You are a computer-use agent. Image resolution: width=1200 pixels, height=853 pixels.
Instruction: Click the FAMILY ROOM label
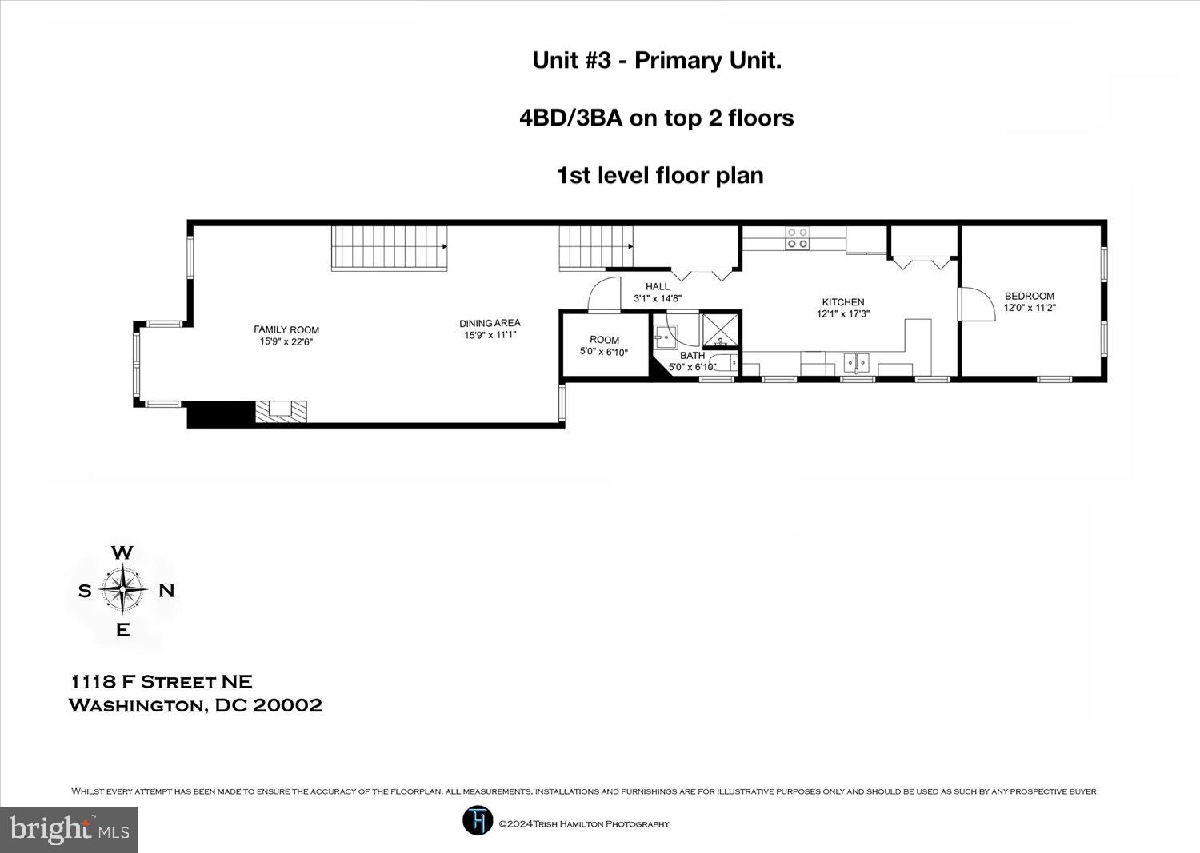point(286,330)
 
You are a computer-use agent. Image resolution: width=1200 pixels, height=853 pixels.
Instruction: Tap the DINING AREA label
point(490,324)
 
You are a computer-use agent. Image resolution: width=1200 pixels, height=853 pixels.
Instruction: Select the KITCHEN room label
point(843,302)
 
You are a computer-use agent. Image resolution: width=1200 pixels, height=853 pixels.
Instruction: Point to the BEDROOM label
point(1029,296)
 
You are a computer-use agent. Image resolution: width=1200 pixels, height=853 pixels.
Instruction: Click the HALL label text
point(658,286)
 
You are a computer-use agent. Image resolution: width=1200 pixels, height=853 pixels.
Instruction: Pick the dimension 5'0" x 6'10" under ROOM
point(604,352)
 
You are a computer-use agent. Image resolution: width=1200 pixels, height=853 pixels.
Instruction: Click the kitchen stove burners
point(797,238)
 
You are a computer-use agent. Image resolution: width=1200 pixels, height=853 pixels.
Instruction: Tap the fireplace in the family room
point(282,411)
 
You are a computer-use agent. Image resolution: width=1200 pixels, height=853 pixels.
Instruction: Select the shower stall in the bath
point(720,332)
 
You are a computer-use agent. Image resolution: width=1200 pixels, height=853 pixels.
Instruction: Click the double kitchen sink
point(857,363)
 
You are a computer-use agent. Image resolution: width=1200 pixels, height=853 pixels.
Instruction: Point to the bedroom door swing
point(977,304)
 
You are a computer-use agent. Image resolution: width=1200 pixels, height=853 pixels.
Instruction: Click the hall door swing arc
point(604,293)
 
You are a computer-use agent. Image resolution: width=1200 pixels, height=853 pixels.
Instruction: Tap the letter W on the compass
point(122,552)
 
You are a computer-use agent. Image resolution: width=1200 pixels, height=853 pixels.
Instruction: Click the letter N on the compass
point(166,591)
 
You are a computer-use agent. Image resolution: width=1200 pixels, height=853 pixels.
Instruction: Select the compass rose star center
point(122,589)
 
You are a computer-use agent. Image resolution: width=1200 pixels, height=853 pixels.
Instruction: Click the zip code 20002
point(287,705)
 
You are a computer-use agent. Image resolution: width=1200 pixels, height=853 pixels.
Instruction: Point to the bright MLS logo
point(69,830)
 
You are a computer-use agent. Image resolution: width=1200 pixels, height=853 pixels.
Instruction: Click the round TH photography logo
point(478,820)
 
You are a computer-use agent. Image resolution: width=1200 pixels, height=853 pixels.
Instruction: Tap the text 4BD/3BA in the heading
point(571,118)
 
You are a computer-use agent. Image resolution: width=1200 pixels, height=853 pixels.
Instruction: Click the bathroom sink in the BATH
point(666,337)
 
